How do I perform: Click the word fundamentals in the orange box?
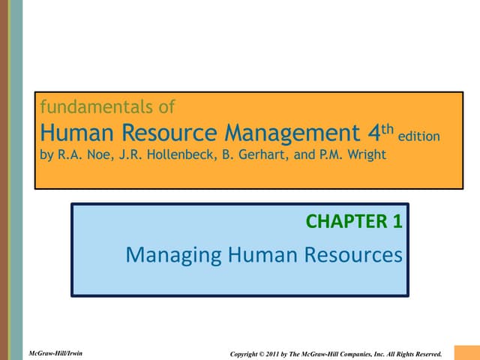97,106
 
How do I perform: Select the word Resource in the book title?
169,133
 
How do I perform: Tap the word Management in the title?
292,133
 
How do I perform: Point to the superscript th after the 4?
388,129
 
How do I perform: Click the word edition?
418,136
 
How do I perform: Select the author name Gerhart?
263,154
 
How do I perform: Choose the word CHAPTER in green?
346,221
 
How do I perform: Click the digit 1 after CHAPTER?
397,221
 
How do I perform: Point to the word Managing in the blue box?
173,256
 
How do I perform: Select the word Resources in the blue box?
353,255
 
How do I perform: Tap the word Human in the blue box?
262,255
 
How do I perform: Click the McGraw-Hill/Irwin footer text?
55,353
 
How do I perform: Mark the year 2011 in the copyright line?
272,354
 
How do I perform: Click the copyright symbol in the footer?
262,354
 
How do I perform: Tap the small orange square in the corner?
467,352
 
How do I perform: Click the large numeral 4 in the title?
374,133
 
